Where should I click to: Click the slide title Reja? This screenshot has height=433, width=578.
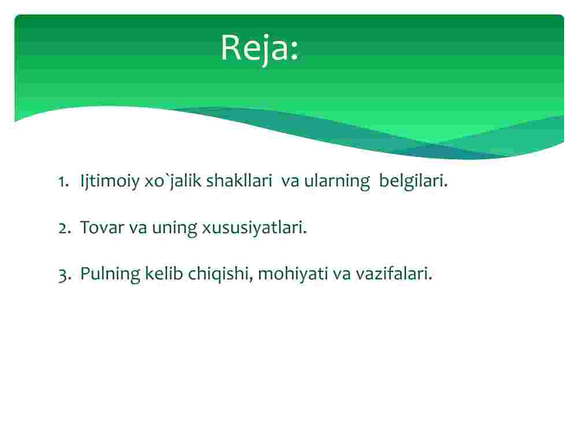pyautogui.click(x=260, y=48)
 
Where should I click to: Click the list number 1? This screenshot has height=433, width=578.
pyautogui.click(x=64, y=181)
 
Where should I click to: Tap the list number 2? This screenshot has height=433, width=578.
pyautogui.click(x=65, y=227)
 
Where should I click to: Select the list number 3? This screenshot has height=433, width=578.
pyautogui.click(x=65, y=275)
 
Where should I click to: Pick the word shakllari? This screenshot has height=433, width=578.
pyautogui.click(x=239, y=180)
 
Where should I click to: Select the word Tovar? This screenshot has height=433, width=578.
pyautogui.click(x=102, y=227)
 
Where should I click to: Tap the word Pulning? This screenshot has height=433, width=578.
pyautogui.click(x=110, y=274)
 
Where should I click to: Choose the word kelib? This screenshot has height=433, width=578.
pyautogui.click(x=164, y=274)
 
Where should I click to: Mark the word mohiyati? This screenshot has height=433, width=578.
pyautogui.click(x=293, y=274)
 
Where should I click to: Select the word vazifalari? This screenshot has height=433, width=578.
pyautogui.click(x=394, y=274)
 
